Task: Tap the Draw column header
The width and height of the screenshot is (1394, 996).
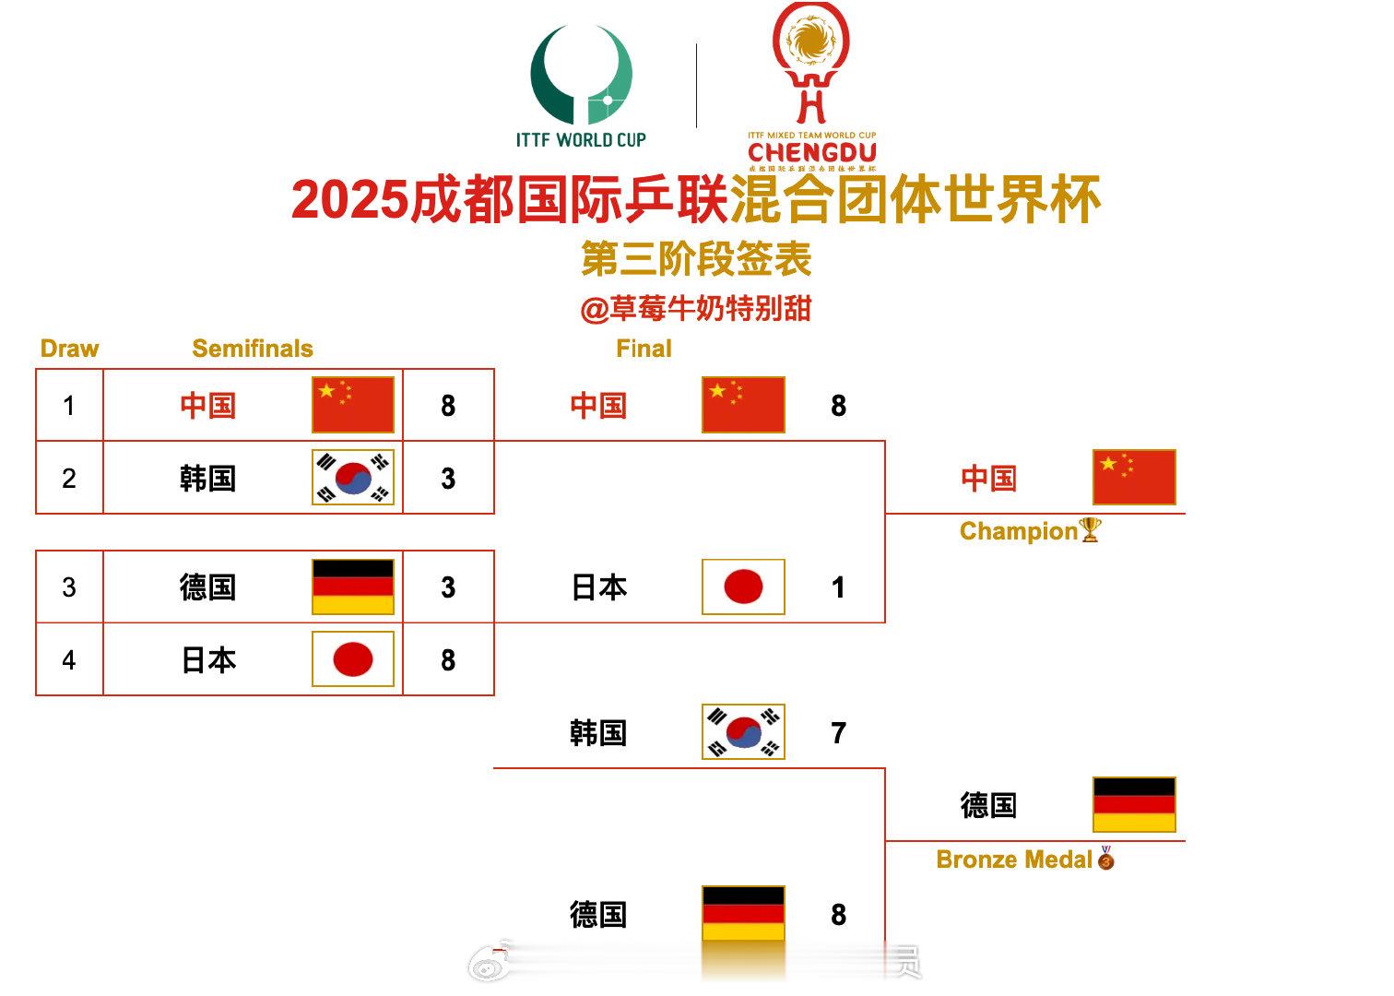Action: (x=69, y=349)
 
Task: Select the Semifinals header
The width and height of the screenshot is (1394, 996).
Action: (x=252, y=349)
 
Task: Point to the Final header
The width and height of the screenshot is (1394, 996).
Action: (x=644, y=349)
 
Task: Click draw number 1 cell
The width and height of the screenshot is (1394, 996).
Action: (x=69, y=406)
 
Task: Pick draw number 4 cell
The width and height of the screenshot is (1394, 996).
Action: (x=69, y=659)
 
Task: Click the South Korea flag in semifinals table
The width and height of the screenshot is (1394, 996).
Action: (x=353, y=478)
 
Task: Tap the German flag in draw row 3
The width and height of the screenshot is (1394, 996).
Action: (x=353, y=587)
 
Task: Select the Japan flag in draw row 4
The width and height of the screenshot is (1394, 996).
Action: (x=353, y=659)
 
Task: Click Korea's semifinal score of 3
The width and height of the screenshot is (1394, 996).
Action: (x=448, y=479)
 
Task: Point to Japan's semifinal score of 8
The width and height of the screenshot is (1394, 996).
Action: (x=448, y=660)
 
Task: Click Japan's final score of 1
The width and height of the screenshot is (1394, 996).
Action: (x=838, y=587)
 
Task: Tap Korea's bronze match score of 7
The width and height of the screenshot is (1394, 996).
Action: (x=838, y=733)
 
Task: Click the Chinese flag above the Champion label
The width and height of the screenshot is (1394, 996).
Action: (x=1134, y=478)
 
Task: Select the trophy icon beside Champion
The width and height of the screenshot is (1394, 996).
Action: (x=1090, y=530)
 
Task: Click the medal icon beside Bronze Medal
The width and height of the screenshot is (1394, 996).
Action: (x=1105, y=859)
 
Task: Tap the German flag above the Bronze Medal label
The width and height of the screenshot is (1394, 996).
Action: (x=1134, y=805)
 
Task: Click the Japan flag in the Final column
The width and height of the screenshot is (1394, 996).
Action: (x=743, y=587)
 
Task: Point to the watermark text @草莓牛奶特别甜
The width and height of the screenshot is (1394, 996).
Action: (x=696, y=309)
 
